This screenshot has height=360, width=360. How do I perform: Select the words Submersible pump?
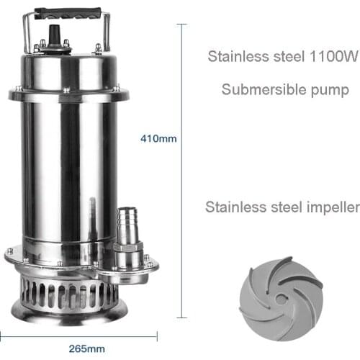coord(285,91)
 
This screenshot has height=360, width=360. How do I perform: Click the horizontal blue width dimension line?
coord(79,334)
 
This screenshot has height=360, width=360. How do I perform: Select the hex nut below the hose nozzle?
coord(128,255)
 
